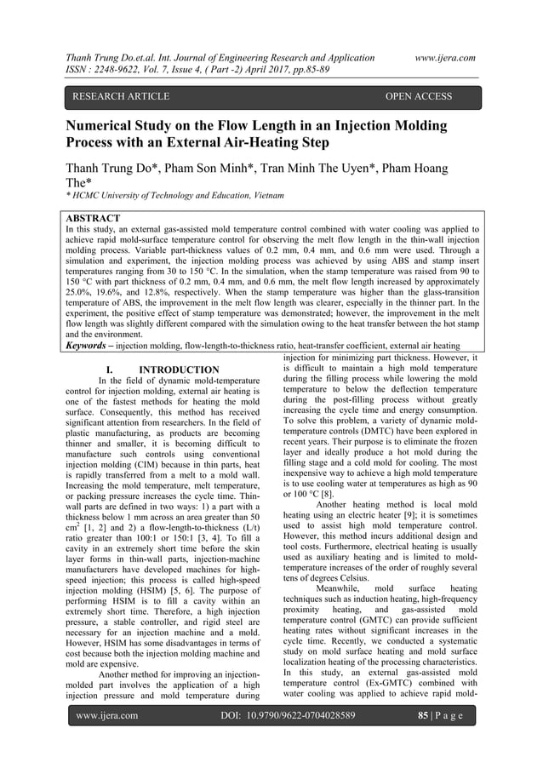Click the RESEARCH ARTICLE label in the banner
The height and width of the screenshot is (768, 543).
click(120, 97)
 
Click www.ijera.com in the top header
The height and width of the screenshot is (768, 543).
click(443, 57)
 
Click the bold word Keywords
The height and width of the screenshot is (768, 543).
click(92, 347)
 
